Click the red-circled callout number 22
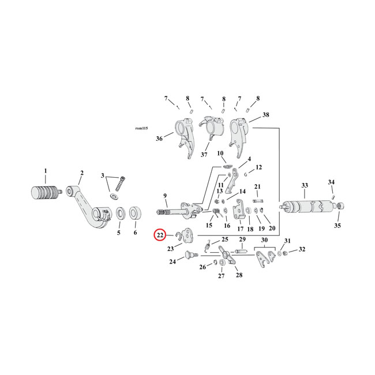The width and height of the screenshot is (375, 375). point(160,235)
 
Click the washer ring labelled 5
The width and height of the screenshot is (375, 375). point(121,213)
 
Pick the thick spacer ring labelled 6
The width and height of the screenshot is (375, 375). point(136,212)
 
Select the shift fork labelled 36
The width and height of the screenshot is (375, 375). point(185,138)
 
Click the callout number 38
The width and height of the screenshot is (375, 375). point(265,115)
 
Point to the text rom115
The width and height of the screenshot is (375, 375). point(141,128)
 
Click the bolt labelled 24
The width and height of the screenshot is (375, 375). point(191,254)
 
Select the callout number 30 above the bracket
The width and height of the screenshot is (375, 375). point(264,240)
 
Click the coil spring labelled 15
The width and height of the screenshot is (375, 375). point(217,213)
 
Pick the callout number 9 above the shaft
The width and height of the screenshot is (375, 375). point(165,196)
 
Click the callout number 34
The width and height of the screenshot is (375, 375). point(331,182)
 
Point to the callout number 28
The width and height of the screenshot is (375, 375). point(239,275)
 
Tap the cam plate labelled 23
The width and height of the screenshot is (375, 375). point(187,237)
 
